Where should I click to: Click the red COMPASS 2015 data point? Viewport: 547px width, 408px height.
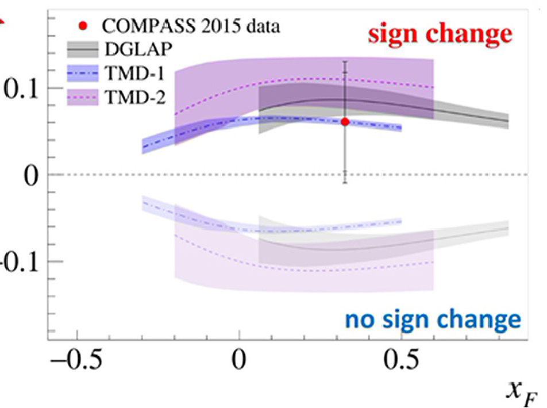(x=345, y=121)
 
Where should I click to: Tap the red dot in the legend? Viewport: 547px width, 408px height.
(x=84, y=26)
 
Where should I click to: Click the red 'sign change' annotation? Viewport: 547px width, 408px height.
(x=440, y=34)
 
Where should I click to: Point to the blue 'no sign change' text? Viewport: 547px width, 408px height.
(x=433, y=318)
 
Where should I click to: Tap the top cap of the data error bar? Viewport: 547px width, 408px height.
(x=345, y=61)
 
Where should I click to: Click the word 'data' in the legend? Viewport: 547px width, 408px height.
(x=262, y=26)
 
